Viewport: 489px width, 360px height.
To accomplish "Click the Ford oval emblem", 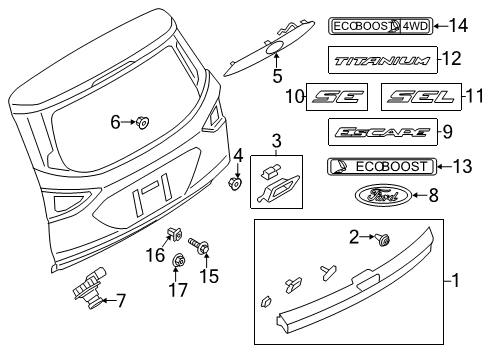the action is [383, 195].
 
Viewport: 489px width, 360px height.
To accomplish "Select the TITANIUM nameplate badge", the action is [382, 61].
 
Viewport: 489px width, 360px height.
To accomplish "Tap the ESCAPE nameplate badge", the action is [383, 132].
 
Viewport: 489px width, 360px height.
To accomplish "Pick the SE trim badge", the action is [337, 97].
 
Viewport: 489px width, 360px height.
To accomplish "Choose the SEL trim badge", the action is [421, 97].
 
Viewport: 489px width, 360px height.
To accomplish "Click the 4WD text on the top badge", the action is [415, 26].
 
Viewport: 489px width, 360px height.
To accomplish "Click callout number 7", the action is [121, 301].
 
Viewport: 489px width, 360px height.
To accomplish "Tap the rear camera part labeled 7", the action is [89, 288].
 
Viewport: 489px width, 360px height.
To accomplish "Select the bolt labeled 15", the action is [200, 246].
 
